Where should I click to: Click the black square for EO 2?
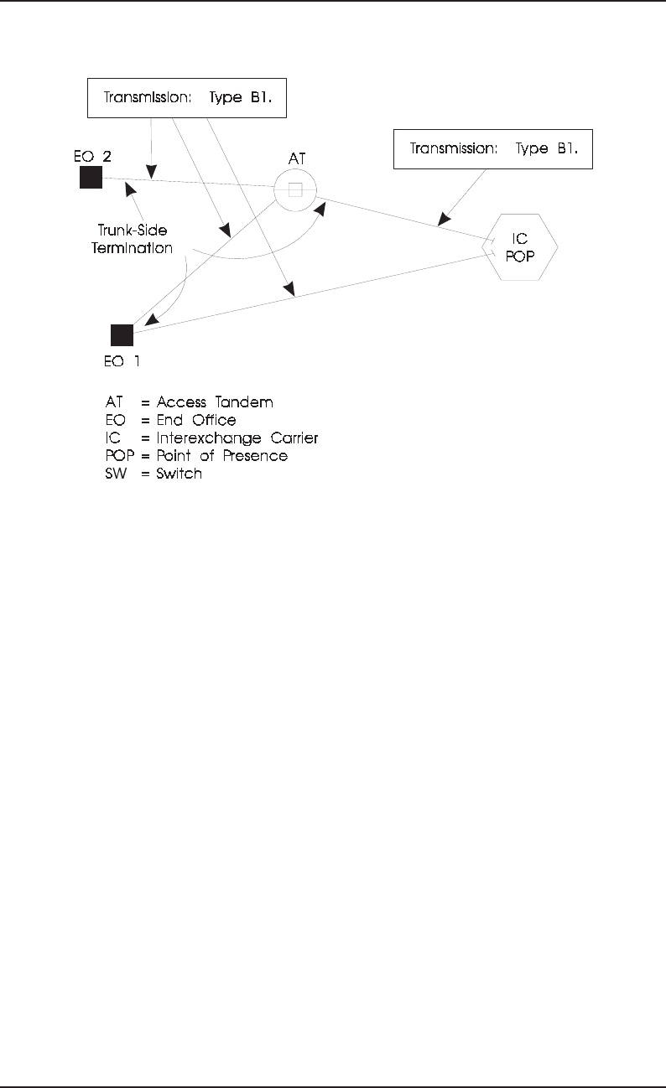tap(91, 178)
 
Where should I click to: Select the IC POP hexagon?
tap(521, 246)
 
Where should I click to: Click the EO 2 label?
tap(91, 155)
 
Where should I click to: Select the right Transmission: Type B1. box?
tap(493, 149)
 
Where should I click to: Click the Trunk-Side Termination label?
tap(133, 239)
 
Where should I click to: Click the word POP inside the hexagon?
tap(520, 255)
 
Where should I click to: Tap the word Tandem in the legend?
tap(244, 402)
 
